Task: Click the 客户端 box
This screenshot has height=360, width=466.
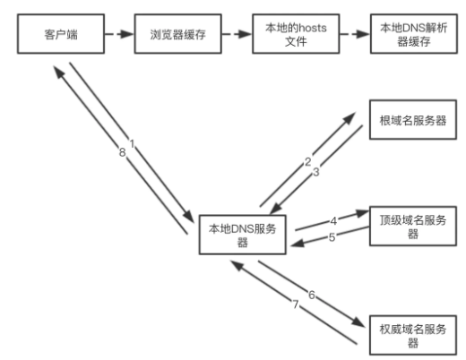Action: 61,34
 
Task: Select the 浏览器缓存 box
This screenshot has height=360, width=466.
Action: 177,34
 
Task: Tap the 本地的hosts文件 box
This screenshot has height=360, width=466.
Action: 296,34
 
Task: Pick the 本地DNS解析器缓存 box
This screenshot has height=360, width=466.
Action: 414,34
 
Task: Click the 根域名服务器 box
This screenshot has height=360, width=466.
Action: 413,120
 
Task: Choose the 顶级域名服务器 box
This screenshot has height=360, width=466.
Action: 413,226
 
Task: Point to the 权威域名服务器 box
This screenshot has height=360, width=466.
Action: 413,335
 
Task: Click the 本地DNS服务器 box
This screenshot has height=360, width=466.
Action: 242,235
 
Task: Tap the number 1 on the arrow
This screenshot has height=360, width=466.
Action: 132,144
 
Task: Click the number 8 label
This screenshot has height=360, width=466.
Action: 122,152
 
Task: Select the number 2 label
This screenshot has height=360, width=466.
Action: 307,162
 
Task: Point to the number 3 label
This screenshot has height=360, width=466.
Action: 316,172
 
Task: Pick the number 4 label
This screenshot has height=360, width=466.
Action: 333,221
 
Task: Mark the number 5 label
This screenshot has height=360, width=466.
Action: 332,237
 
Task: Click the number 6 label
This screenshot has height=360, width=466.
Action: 312,295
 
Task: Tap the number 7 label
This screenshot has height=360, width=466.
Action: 296,304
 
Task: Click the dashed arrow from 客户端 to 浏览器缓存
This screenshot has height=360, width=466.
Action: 119,34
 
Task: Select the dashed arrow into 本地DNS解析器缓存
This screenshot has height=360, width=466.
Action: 355,34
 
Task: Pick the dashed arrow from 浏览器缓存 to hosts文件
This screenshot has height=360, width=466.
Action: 237,34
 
